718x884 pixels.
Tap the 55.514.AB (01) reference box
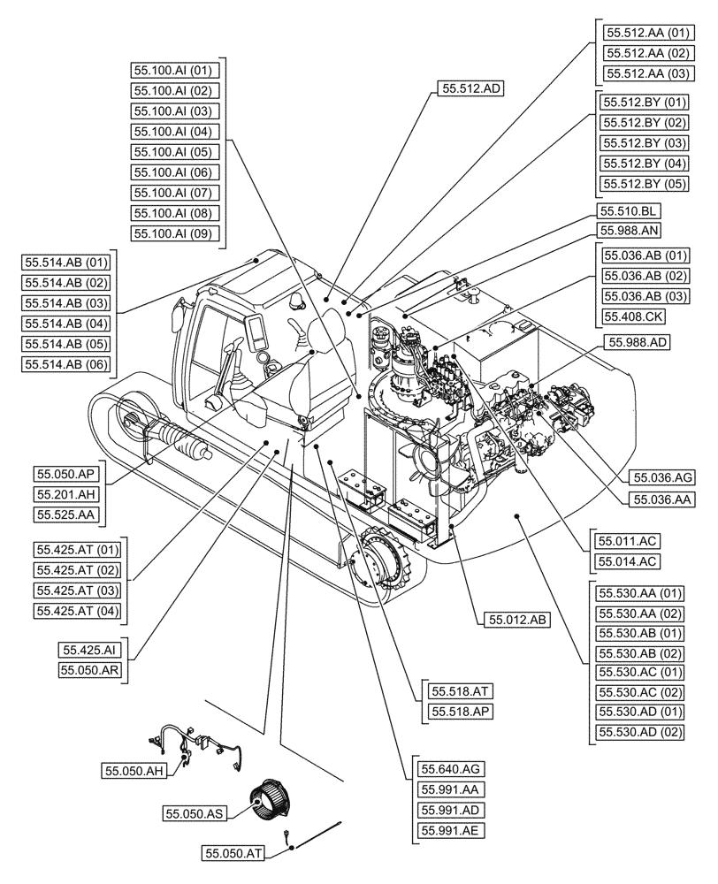[66, 262]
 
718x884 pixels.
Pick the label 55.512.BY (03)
[644, 142]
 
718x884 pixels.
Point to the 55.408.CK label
[632, 316]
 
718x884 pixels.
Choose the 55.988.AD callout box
[636, 341]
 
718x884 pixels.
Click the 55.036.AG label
[662, 478]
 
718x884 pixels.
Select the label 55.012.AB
[517, 621]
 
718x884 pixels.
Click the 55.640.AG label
[451, 769]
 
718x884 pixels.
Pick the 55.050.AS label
[194, 813]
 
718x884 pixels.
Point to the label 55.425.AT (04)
[79, 610]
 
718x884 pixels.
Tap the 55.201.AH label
[67, 493]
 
